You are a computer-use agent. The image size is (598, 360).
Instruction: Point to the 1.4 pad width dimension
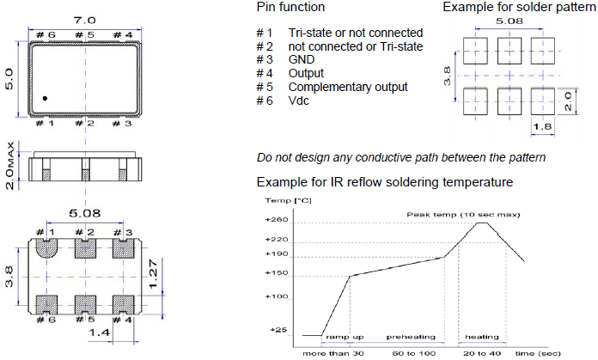coord(100,330)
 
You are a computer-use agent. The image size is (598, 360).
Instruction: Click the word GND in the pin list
coord(302,60)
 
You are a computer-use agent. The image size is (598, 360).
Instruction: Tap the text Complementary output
coord(348,88)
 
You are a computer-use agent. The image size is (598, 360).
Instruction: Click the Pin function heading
coord(290,7)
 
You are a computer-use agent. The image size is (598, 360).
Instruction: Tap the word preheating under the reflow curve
coord(411,338)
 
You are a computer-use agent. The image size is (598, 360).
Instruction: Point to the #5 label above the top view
coord(83,35)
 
